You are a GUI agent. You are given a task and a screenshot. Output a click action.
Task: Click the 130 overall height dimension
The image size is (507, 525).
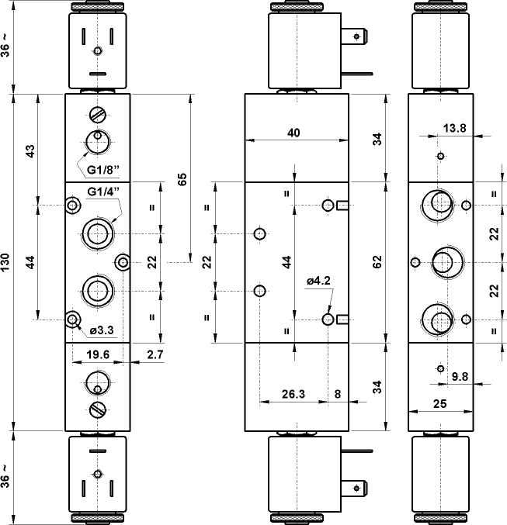(6, 262)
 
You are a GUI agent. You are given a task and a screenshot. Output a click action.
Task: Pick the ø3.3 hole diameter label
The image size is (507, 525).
(102, 331)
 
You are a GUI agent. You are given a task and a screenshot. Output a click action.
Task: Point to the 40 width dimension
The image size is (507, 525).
(293, 133)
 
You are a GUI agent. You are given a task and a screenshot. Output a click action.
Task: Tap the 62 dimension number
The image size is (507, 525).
(377, 262)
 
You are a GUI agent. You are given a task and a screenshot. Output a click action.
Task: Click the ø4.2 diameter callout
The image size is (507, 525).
(319, 281)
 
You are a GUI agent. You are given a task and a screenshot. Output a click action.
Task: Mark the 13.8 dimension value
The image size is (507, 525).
(455, 129)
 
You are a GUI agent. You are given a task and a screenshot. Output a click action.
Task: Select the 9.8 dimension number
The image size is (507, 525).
(460, 377)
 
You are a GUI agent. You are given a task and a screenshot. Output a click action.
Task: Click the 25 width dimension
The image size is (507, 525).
(439, 404)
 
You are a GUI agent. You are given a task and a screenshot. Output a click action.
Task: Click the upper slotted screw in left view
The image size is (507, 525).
(97, 116)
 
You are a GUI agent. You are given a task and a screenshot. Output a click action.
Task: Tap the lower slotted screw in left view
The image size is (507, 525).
(97, 409)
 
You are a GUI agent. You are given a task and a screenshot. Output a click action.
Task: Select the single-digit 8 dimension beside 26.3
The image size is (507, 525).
(337, 393)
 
